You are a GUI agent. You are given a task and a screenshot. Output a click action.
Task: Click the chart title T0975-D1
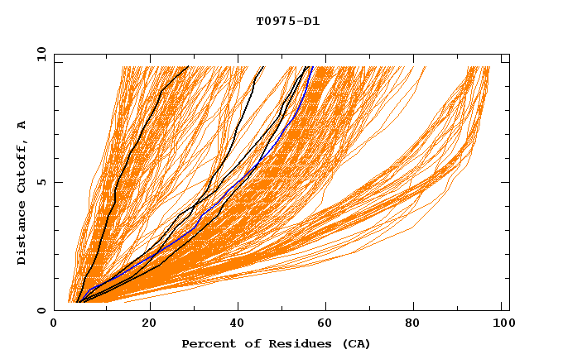[287, 21]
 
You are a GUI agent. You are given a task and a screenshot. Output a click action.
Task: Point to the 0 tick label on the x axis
[55, 323]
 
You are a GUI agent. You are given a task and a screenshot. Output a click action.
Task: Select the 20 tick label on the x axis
[149, 323]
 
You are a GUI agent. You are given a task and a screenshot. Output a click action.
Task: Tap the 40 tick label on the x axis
[238, 323]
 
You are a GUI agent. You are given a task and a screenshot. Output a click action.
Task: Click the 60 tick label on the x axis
[329, 323]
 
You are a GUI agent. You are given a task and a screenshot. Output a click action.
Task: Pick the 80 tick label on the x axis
[418, 323]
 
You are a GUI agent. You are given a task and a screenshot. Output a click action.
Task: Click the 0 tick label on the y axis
[41, 310]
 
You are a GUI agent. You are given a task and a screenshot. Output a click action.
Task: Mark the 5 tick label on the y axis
[41, 182]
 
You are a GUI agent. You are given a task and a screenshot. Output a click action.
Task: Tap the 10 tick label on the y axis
[41, 54]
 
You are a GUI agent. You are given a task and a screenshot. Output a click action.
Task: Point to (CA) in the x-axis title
[354, 343]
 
